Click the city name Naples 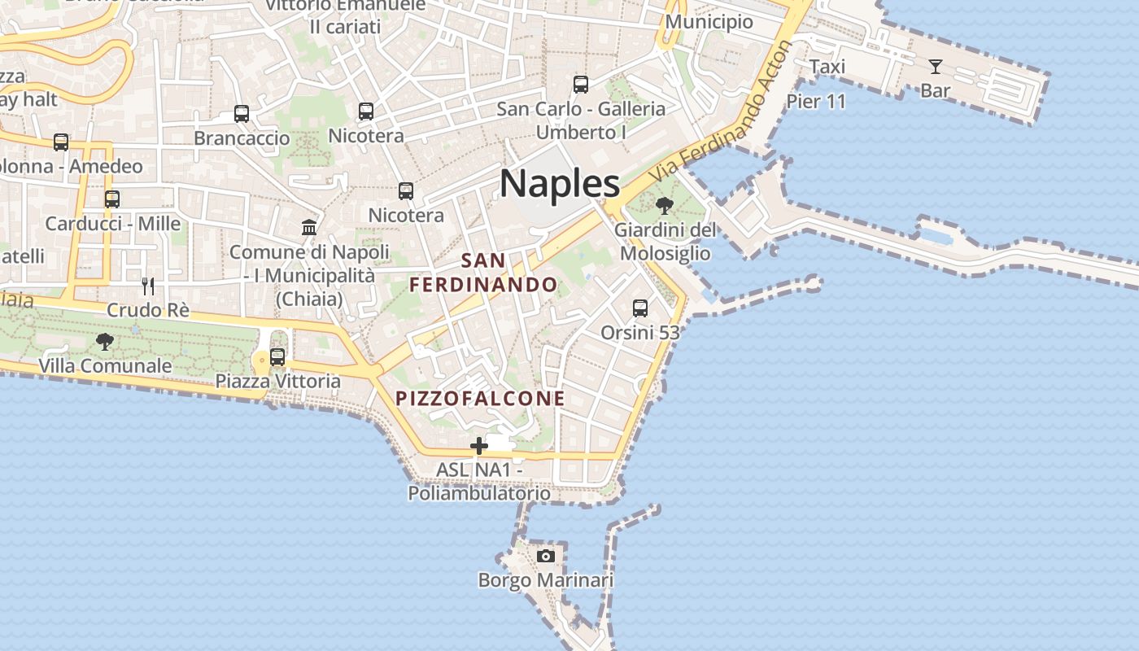[560, 183]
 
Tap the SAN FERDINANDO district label [483, 273]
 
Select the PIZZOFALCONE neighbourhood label [480, 399]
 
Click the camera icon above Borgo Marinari [546, 556]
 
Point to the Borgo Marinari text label [545, 580]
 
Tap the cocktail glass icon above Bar [936, 67]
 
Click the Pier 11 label [816, 102]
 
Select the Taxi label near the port [827, 67]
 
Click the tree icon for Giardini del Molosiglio [665, 205]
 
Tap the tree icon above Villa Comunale [105, 342]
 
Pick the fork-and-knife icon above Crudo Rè [148, 286]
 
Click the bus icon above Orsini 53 [640, 308]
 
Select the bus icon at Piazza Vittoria [277, 356]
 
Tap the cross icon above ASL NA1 [479, 445]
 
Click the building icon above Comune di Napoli [309, 227]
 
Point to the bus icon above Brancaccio [242, 114]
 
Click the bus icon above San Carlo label [581, 84]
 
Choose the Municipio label [709, 21]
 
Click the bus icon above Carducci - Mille [112, 199]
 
